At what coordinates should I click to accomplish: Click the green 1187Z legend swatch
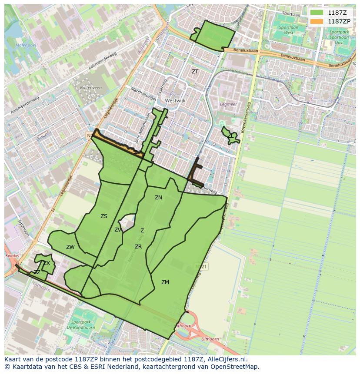coord(317,13)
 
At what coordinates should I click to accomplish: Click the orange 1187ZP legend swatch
coord(317,21)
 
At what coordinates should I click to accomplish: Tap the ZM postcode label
coord(165,282)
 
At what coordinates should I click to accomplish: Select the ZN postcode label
coord(158,198)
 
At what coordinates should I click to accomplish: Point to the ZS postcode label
coord(104,216)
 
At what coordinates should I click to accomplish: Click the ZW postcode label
coord(70,247)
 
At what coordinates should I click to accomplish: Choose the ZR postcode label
coord(138,247)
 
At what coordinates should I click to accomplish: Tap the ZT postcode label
coord(195,72)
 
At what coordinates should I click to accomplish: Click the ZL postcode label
coord(230,136)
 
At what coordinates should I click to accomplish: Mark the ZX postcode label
coord(47,263)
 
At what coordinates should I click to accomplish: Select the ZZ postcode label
coord(37,272)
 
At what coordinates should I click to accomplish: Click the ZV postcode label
coord(118,230)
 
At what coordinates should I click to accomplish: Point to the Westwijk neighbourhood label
coord(175,100)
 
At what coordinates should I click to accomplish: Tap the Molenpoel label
coord(24,45)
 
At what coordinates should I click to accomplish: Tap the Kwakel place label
coord(13,256)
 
